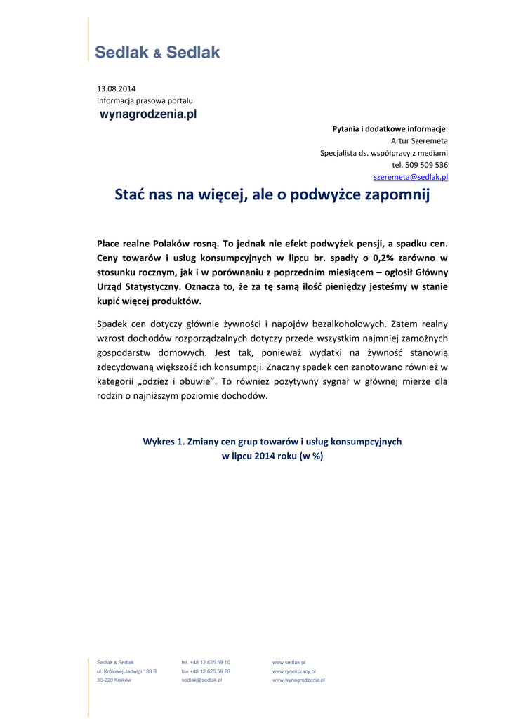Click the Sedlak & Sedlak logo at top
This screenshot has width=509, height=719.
(x=157, y=52)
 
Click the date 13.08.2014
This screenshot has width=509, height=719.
(x=117, y=88)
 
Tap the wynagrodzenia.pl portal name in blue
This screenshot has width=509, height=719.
(x=148, y=114)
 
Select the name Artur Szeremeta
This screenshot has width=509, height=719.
(x=419, y=140)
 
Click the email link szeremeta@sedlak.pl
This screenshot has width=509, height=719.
(x=411, y=177)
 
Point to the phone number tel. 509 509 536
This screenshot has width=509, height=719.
(x=420, y=165)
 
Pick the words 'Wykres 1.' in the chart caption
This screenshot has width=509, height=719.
(x=163, y=442)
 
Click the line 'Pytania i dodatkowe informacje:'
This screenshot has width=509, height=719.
(x=390, y=128)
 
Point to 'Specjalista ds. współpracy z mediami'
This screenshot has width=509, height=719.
(x=384, y=152)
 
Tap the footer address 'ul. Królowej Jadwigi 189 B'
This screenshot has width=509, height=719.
(x=126, y=671)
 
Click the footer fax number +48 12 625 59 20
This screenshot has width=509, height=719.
(x=206, y=671)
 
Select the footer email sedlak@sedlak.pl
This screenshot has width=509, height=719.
(x=202, y=680)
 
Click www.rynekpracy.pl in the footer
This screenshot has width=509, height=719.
(x=294, y=671)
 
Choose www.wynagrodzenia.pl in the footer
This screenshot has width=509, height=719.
(x=298, y=680)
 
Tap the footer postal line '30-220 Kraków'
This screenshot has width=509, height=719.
(x=114, y=680)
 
